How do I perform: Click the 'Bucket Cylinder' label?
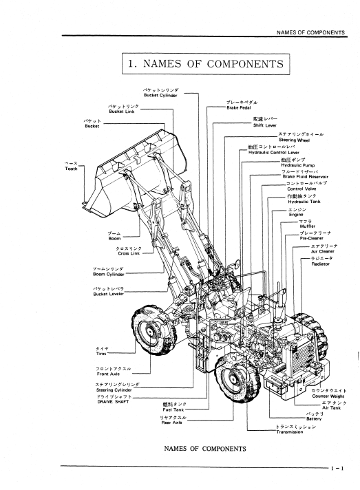tap(160, 96)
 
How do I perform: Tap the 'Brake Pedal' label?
tap(239, 108)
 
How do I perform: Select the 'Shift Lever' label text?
tap(265, 125)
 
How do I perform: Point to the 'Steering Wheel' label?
tap(294, 140)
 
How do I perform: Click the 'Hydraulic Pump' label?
tap(298, 165)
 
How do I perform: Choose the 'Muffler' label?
tap(308, 226)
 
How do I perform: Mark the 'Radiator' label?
tap(320, 264)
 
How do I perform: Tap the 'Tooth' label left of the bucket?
tap(71, 169)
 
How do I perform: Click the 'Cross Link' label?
tap(129, 253)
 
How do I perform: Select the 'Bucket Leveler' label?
tap(109, 294)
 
